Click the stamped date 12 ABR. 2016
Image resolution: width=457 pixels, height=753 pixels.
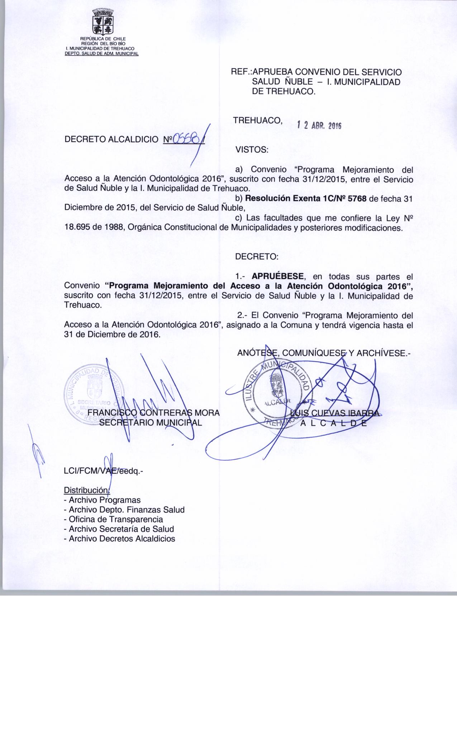coord(319,126)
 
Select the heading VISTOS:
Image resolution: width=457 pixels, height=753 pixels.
coord(252,150)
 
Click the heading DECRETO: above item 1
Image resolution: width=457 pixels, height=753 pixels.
coord(256,257)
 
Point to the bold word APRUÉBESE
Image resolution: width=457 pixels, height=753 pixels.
coord(278,276)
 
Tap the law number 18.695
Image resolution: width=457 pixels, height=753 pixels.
coord(77,227)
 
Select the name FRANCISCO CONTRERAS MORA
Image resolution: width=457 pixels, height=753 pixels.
coord(154,413)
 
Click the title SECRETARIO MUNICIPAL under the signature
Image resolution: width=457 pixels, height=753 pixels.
coord(151,422)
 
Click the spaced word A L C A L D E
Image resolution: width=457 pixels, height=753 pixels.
coord(333,423)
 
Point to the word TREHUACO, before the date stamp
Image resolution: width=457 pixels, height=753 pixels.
coord(258,120)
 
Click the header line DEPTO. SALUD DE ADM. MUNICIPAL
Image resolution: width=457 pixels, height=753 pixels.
coord(101,54)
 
